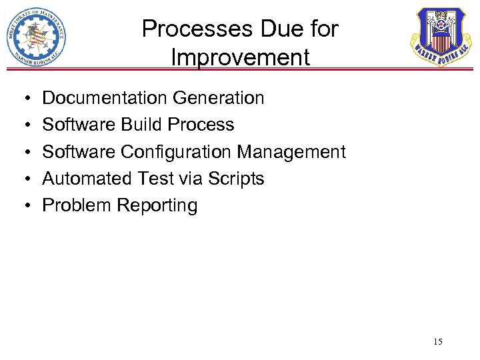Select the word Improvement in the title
[240, 57]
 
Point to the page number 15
[437, 342]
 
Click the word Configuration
[176, 152]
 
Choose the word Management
[291, 152]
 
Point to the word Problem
[77, 205]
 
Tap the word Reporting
[157, 206]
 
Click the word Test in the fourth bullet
[153, 179]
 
